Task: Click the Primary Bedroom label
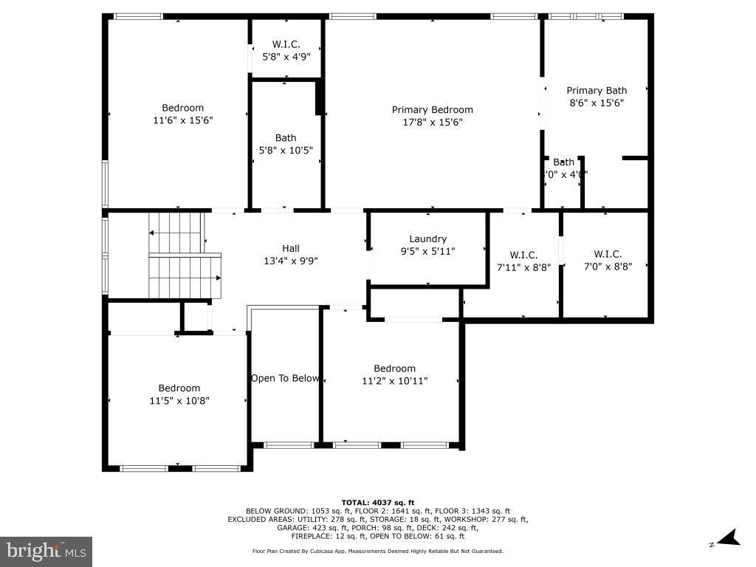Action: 432,110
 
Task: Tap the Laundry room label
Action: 428,238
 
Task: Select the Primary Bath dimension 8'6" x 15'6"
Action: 597,103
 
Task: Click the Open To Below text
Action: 285,378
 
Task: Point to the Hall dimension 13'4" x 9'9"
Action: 291,261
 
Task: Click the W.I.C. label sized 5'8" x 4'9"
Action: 286,44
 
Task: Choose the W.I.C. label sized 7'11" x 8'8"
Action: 523,255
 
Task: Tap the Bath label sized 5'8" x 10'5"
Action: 286,137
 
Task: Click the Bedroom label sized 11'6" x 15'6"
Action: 182,108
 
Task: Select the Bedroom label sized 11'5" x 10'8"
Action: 179,388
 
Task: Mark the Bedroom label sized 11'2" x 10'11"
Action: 394,368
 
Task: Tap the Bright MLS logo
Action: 46,551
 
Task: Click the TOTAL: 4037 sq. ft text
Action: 377,502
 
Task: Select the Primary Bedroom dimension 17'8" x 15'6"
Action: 432,123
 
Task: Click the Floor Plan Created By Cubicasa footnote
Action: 377,551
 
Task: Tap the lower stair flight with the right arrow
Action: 185,276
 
